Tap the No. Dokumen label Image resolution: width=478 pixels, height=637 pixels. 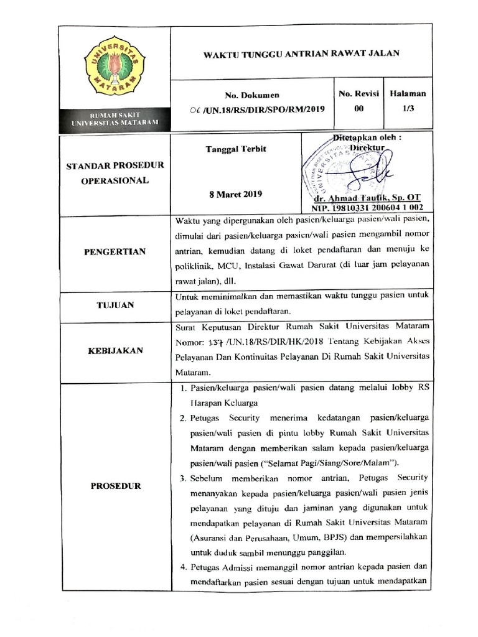point(252,95)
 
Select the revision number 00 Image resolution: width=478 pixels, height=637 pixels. point(358,107)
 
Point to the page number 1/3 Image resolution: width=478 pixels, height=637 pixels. point(408,107)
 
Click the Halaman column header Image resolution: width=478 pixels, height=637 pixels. point(408,93)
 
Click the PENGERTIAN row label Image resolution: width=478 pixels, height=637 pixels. point(115,251)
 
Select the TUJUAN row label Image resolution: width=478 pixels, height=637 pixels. point(115,305)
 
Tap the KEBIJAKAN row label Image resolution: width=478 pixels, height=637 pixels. point(115,350)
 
